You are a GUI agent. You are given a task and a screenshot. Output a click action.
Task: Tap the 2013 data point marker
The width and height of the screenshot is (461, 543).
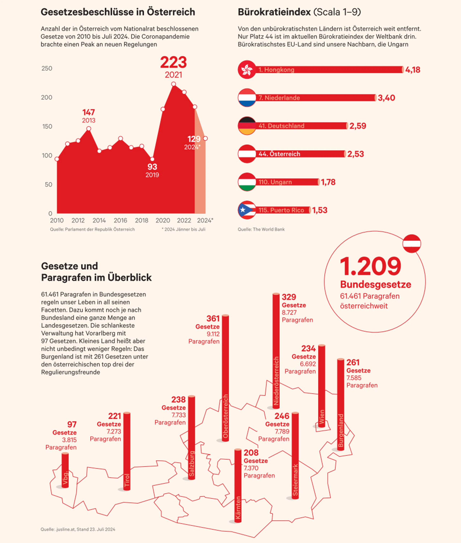pyautogui.click(x=89, y=128)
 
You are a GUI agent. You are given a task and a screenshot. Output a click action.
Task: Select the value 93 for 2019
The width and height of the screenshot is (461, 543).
pyautogui.click(x=152, y=167)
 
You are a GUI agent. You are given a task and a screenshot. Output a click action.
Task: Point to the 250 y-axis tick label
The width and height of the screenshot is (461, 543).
pyautogui.click(x=47, y=68)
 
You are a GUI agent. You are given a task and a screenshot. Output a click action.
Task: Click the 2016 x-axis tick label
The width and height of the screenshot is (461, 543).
pyautogui.click(x=120, y=220)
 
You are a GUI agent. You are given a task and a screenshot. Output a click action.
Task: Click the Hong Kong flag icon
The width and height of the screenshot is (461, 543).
pyautogui.click(x=247, y=70)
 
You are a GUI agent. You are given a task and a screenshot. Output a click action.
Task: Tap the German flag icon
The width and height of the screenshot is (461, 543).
pyautogui.click(x=247, y=126)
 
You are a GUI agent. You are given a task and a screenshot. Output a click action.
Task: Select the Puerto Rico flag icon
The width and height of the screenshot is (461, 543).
pyautogui.click(x=247, y=210)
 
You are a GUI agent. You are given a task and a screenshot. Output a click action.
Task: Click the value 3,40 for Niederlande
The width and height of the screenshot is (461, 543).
pyautogui.click(x=386, y=98)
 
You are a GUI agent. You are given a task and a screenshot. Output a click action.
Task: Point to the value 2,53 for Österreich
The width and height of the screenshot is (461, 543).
pyautogui.click(x=355, y=154)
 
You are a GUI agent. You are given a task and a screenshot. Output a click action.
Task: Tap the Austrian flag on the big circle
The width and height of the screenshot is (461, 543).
pyautogui.click(x=412, y=244)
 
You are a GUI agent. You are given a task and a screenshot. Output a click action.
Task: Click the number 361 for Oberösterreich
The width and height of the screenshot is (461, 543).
pyautogui.click(x=213, y=319)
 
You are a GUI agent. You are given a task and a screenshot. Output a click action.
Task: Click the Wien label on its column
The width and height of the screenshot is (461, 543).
pyautogui.click(x=322, y=417)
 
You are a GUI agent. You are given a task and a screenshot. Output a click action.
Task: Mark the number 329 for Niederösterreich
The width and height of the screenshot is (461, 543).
pyautogui.click(x=289, y=297)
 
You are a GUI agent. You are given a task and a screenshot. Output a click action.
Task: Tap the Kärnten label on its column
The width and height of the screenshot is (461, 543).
pyautogui.click(x=238, y=508)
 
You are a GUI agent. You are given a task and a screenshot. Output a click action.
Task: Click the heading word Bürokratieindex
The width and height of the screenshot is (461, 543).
pyautogui.click(x=274, y=12)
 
